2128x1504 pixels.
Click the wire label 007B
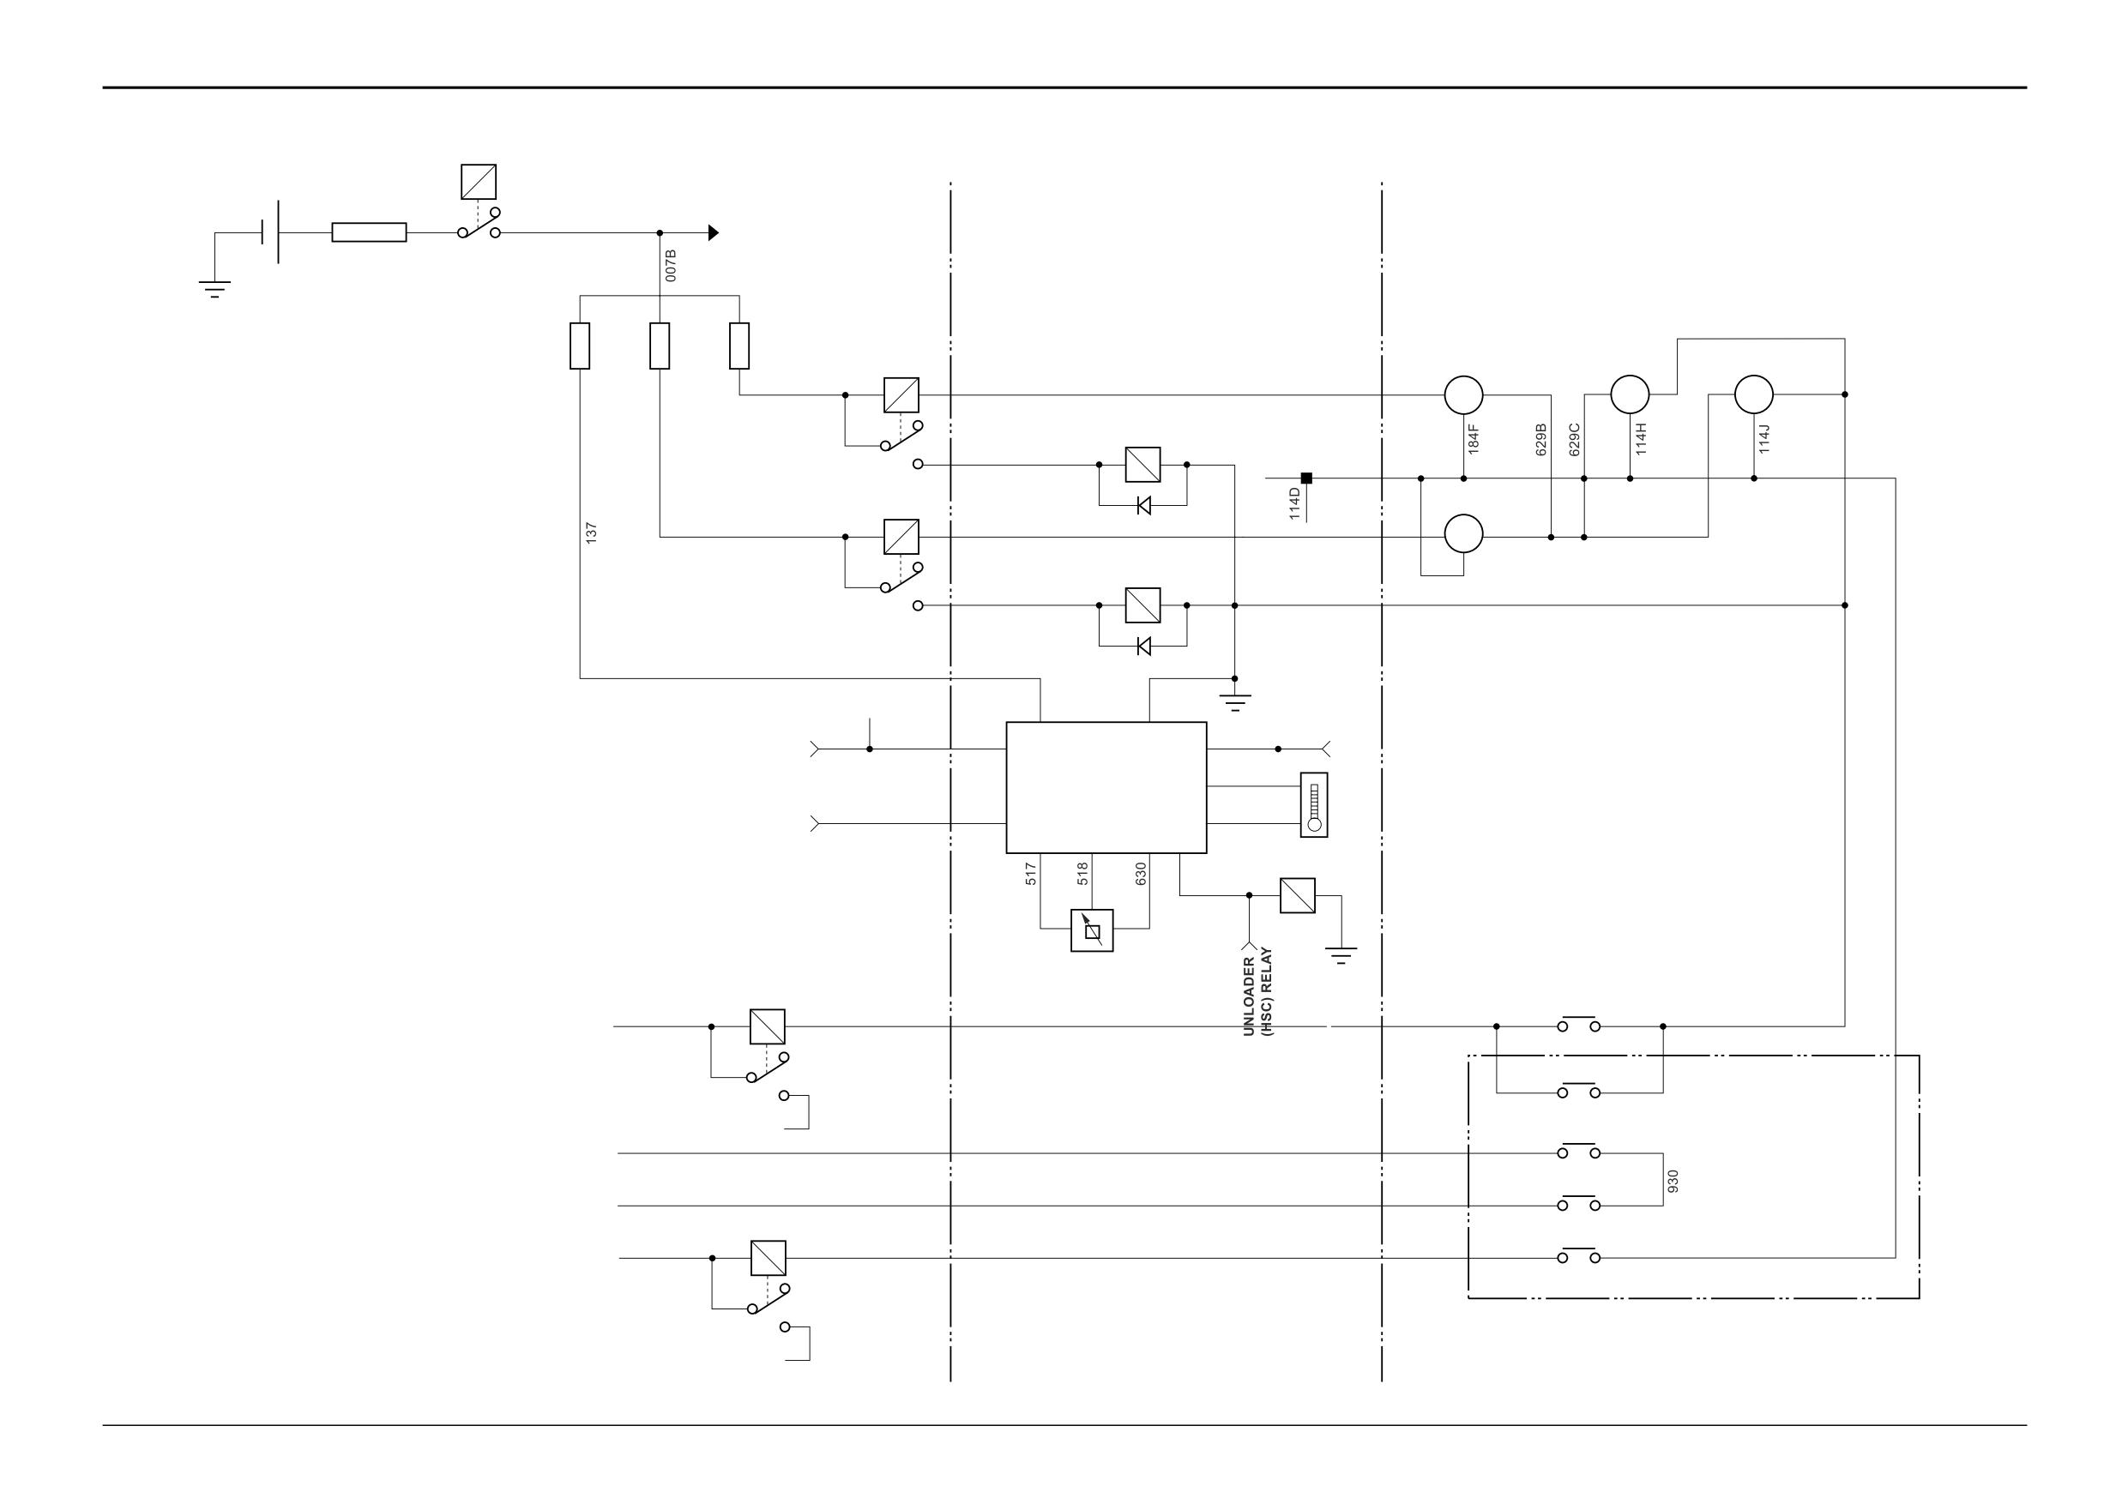(x=671, y=266)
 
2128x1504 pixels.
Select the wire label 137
(x=591, y=532)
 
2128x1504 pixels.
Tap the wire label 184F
(x=1473, y=438)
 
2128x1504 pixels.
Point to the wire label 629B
(x=1541, y=439)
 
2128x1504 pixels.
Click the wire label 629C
(x=1574, y=439)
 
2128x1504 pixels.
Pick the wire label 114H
(x=1641, y=439)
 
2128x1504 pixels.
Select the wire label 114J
(x=1763, y=439)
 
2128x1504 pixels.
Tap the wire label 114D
(x=1295, y=504)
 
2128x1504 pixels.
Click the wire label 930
(x=1673, y=1181)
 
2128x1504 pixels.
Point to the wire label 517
(x=1031, y=874)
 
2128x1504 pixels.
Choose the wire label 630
(x=1141, y=874)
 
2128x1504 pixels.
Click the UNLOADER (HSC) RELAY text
(x=1257, y=991)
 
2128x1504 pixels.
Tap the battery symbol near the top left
(x=271, y=232)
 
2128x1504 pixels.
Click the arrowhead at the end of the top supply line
(x=714, y=232)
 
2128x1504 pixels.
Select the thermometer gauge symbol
(x=1313, y=804)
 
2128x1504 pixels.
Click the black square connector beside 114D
(x=1307, y=478)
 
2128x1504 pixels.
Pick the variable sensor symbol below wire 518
(x=1092, y=930)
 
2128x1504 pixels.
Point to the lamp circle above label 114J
(x=1753, y=394)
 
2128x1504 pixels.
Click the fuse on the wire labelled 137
(x=580, y=346)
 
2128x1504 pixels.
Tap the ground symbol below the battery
(x=214, y=289)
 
